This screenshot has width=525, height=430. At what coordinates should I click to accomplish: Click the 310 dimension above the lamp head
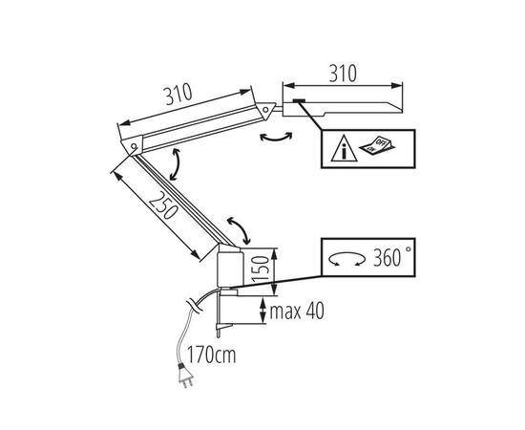pos(343,74)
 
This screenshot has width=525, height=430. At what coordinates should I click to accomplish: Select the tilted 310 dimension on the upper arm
pos(178,95)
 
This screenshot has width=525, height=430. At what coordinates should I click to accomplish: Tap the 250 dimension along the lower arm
pos(163,205)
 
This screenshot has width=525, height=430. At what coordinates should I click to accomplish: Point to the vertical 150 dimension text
pos(261,269)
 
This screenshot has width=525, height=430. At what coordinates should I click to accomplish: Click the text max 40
pos(297,312)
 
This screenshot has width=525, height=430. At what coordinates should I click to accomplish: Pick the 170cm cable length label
pos(211,355)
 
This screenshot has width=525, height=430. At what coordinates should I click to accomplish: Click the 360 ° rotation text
pos(392,258)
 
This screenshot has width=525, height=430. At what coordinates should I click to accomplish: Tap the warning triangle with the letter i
pos(344,148)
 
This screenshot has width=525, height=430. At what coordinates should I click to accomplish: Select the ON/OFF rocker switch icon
pos(377,145)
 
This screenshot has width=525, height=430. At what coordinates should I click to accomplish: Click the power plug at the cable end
pos(185,376)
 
